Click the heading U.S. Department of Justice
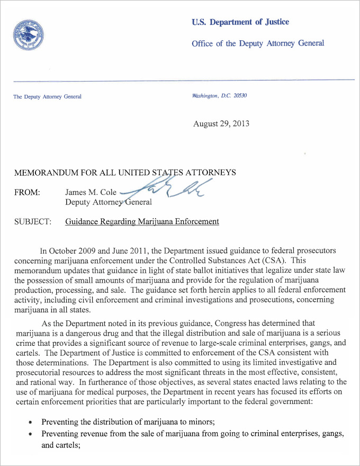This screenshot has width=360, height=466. [240, 22]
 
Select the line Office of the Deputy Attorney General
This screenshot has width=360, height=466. [258, 43]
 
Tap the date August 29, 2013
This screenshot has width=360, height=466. [221, 124]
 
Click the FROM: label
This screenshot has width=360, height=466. [26, 193]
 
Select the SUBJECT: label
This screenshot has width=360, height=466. [32, 221]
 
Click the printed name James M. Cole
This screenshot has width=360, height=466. [91, 193]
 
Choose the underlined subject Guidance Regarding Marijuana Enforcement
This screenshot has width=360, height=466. [142, 221]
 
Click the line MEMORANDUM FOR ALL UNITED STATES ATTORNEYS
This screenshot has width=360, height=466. [124, 173]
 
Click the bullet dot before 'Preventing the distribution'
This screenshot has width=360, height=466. [31, 423]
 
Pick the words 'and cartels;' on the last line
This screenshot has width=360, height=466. [59, 445]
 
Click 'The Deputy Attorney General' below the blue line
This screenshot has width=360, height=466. [47, 96]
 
